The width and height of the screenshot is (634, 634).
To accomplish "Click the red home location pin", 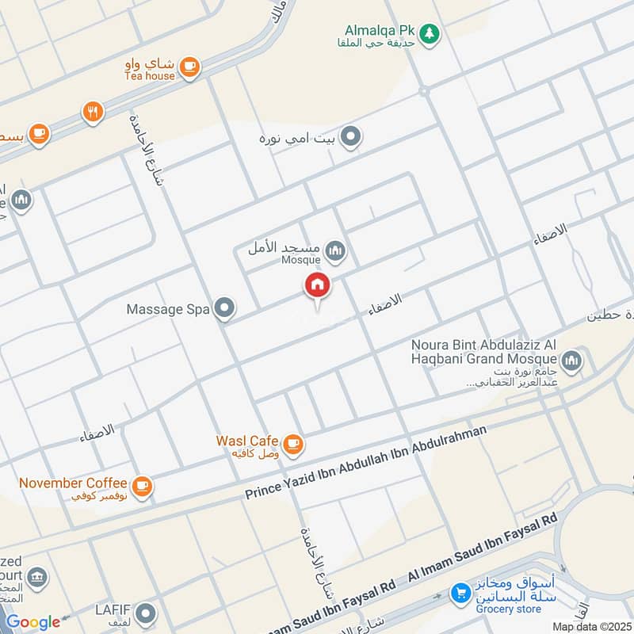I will pos(317,286).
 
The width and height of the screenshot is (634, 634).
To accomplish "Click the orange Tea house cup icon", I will pos(189,68).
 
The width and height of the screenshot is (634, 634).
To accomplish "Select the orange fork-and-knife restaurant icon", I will pos(93,113).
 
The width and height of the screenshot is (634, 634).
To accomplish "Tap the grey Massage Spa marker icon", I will pos(225,309).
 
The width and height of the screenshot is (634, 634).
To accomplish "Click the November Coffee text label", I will pos(73,483).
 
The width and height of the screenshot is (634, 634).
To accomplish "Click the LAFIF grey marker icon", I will pos(144,613).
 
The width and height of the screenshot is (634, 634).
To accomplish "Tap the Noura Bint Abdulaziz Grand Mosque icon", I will pos(574,362).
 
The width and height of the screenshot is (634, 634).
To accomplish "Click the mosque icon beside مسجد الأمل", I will pos(337,251).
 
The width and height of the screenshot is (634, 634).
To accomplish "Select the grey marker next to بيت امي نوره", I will pos(353,138).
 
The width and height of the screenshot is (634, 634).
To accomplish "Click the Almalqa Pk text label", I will pos(385,29).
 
